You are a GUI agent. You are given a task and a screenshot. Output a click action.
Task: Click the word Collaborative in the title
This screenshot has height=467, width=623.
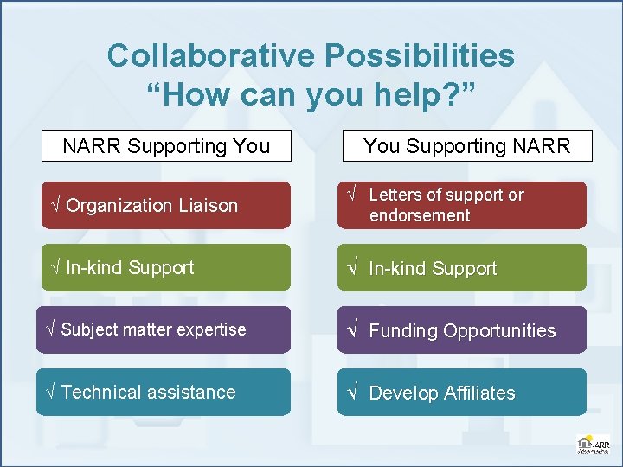[209, 56]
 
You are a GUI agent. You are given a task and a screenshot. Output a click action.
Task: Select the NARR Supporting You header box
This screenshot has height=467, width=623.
[166, 146]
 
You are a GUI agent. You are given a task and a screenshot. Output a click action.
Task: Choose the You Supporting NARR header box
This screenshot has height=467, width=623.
[467, 146]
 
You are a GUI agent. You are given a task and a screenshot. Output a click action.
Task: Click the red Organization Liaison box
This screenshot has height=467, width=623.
[165, 205]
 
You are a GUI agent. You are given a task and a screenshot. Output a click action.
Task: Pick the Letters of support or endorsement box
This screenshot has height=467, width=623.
[461, 205]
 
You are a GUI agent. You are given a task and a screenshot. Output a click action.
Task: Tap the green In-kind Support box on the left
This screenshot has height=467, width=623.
[165, 267]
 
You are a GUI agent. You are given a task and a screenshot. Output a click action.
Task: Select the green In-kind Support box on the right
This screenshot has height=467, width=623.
[461, 268]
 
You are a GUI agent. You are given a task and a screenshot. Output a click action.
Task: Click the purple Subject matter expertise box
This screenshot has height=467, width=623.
[163, 329]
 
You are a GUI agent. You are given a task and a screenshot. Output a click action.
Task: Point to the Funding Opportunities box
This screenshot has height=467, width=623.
[461, 330]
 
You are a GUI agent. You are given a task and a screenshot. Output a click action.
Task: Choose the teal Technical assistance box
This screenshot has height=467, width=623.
[163, 392]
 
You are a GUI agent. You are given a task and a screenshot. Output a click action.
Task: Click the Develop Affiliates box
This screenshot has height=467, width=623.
[461, 393]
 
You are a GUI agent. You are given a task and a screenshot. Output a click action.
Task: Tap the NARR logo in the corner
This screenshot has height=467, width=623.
[593, 445]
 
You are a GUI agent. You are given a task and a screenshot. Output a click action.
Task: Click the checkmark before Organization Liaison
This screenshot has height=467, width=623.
[55, 206]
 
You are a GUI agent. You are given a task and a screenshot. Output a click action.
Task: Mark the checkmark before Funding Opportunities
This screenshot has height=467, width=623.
[352, 330]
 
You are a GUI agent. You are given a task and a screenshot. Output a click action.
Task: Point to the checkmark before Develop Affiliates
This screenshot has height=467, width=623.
[352, 393]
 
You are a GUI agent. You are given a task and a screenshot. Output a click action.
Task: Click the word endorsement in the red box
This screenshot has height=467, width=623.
[420, 215]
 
